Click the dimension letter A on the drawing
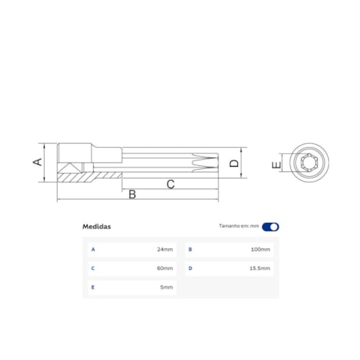pos(35,162)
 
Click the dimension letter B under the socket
pos(132,193)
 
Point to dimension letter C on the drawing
pos(171,184)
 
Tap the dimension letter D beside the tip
pos(233,164)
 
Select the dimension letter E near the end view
pos(275,166)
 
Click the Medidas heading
pos(97,227)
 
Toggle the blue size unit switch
pos(270,227)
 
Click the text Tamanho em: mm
pos(239,227)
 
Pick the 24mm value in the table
pos(164,250)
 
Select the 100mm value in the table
pos(261,250)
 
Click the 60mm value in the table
pos(164,268)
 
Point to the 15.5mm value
pos(261,268)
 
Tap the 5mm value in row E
pos(166,287)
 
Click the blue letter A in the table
pos(93,250)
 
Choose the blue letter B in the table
pos(189,250)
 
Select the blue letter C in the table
pos(93,268)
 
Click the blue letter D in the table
pos(189,268)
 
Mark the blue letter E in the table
pos(93,287)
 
